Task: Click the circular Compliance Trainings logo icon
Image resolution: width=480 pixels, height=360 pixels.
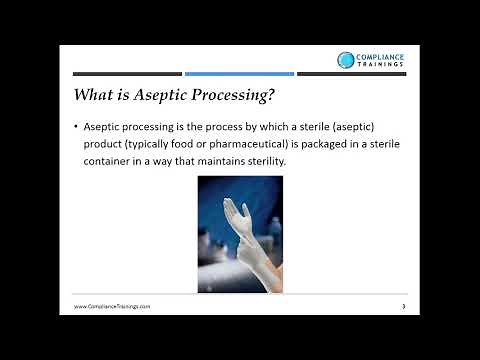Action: click(x=346, y=61)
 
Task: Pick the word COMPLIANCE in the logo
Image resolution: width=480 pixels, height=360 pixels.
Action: click(x=381, y=57)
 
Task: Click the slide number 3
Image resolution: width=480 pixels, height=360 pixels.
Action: click(x=402, y=306)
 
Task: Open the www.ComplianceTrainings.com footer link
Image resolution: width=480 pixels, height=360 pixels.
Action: click(x=113, y=306)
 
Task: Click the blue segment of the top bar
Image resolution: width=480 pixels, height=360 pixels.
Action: click(x=239, y=73)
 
